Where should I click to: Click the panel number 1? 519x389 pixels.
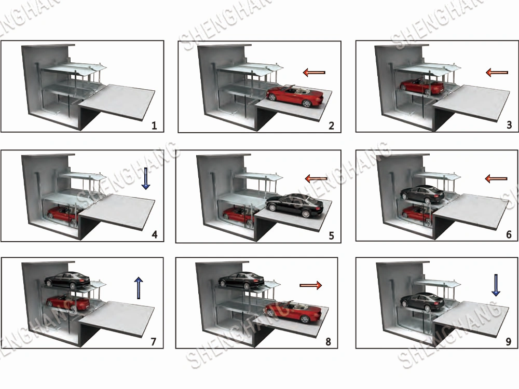click(154, 126)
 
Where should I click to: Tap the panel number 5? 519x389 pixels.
click(331, 235)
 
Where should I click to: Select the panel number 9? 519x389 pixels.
click(509, 341)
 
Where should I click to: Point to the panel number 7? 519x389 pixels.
click(153, 341)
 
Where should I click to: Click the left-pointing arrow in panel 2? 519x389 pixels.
click(314, 72)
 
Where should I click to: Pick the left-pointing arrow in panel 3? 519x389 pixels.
click(497, 72)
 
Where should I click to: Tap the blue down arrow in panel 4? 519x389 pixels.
click(146, 178)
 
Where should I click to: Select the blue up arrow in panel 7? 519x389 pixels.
click(139, 288)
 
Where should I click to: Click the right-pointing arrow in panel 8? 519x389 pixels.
click(310, 285)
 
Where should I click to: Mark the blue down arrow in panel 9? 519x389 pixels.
click(496, 285)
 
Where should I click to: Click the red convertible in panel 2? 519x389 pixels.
click(295, 95)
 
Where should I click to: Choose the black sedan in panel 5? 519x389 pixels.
click(294, 205)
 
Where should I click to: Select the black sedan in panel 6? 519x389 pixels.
click(422, 194)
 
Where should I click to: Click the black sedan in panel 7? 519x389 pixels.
click(67, 280)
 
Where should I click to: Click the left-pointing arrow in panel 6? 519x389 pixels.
click(496, 179)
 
